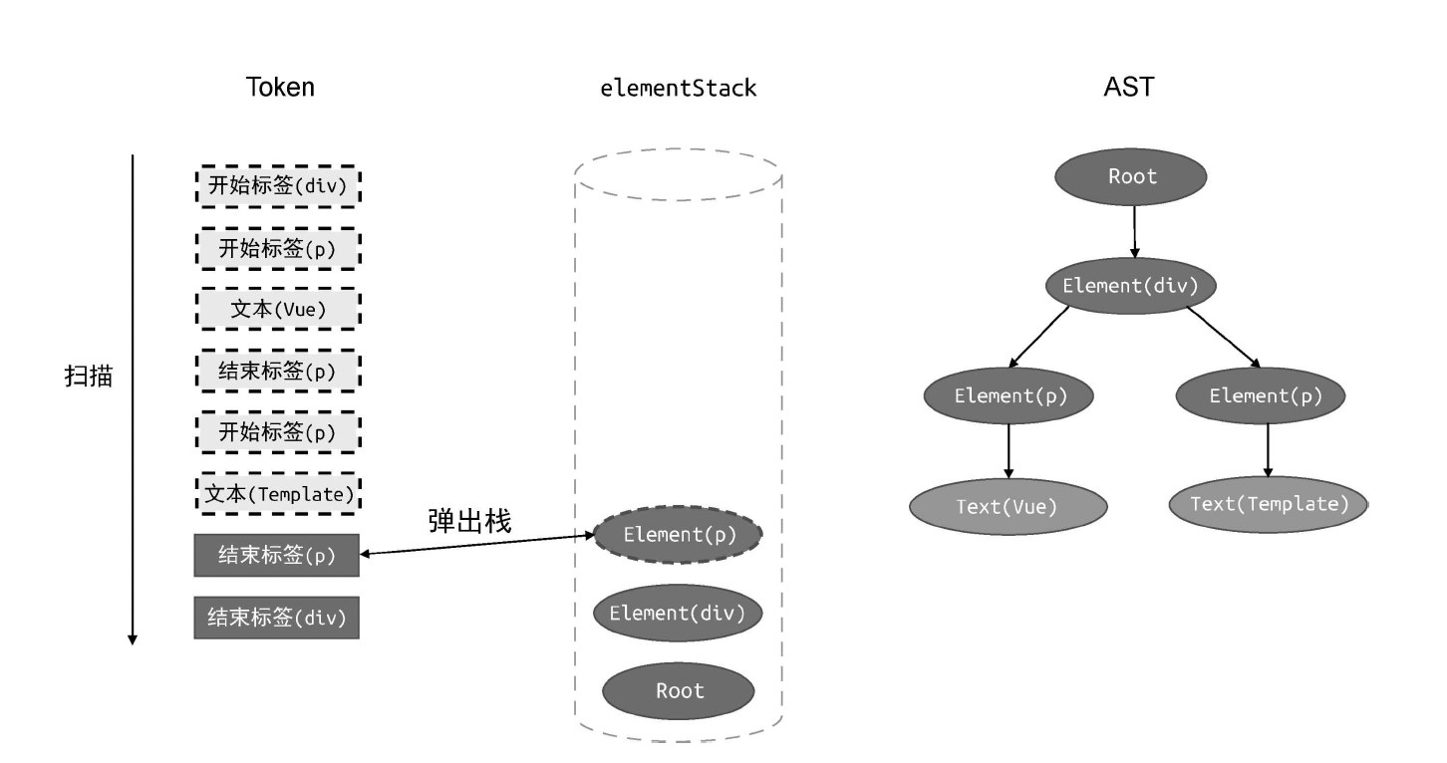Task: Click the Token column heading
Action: [280, 88]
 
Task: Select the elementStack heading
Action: [678, 88]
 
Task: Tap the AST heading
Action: [1129, 88]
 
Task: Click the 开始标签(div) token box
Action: [276, 186]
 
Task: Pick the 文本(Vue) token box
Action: [276, 310]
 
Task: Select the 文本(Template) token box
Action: [276, 494]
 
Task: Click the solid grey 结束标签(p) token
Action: [276, 556]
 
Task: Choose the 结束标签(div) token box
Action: [276, 618]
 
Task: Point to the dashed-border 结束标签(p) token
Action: [276, 372]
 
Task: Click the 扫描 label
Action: [88, 378]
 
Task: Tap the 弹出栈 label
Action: [469, 521]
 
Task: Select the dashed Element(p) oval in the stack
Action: [678, 535]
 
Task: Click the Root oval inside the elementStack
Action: [678, 690]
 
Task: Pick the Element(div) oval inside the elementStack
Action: [678, 613]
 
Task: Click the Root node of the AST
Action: [1131, 177]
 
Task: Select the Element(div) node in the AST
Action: [1131, 286]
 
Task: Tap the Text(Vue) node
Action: [1009, 506]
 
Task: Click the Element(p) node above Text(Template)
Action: [1266, 396]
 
